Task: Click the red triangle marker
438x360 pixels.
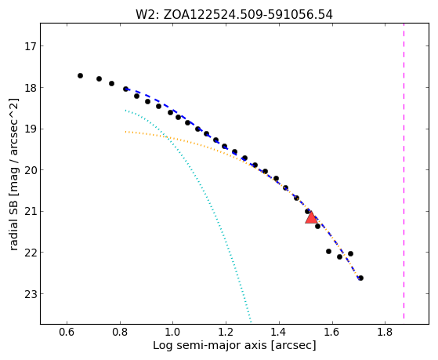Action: (x=311, y=217)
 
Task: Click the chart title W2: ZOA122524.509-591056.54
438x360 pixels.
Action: (x=234, y=14)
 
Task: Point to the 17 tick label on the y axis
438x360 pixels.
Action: (x=31, y=46)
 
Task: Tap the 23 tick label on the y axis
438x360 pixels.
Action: (x=31, y=294)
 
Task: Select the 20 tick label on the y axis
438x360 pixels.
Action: (x=31, y=170)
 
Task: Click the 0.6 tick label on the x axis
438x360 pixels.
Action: (x=67, y=333)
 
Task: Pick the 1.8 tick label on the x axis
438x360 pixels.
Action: (x=385, y=333)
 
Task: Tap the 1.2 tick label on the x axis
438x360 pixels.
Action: (x=226, y=333)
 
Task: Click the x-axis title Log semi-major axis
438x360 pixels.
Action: (x=209, y=345)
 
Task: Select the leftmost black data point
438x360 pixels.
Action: (x=80, y=75)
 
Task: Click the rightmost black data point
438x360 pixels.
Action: (x=360, y=278)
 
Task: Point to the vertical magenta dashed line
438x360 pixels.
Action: (x=404, y=171)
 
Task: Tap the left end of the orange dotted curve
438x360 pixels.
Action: (x=125, y=132)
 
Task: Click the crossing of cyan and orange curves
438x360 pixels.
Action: (x=167, y=137)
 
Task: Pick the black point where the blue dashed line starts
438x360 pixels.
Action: (x=125, y=89)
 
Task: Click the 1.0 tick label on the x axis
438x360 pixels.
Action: (x=172, y=333)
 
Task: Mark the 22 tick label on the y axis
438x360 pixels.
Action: (x=31, y=253)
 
